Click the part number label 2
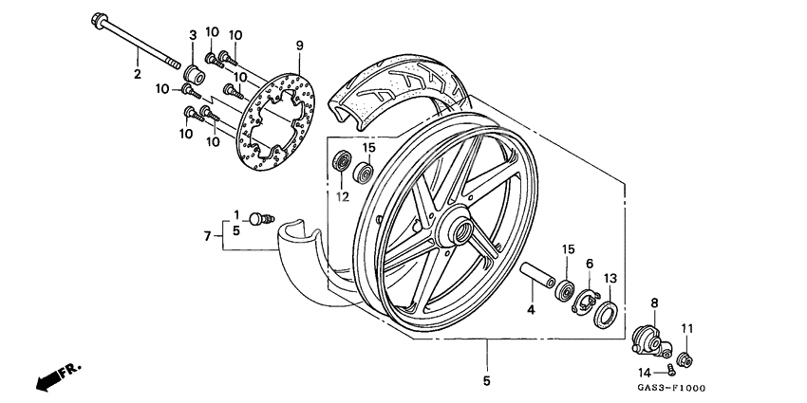[x=137, y=74]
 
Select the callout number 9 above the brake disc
[x=299, y=46]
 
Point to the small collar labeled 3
[x=194, y=73]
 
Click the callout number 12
[x=342, y=197]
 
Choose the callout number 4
[x=532, y=309]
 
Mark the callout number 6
[x=589, y=263]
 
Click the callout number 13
[x=610, y=278]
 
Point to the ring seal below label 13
[x=605, y=313]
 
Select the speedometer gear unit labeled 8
[x=649, y=338]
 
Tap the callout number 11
[x=687, y=328]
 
